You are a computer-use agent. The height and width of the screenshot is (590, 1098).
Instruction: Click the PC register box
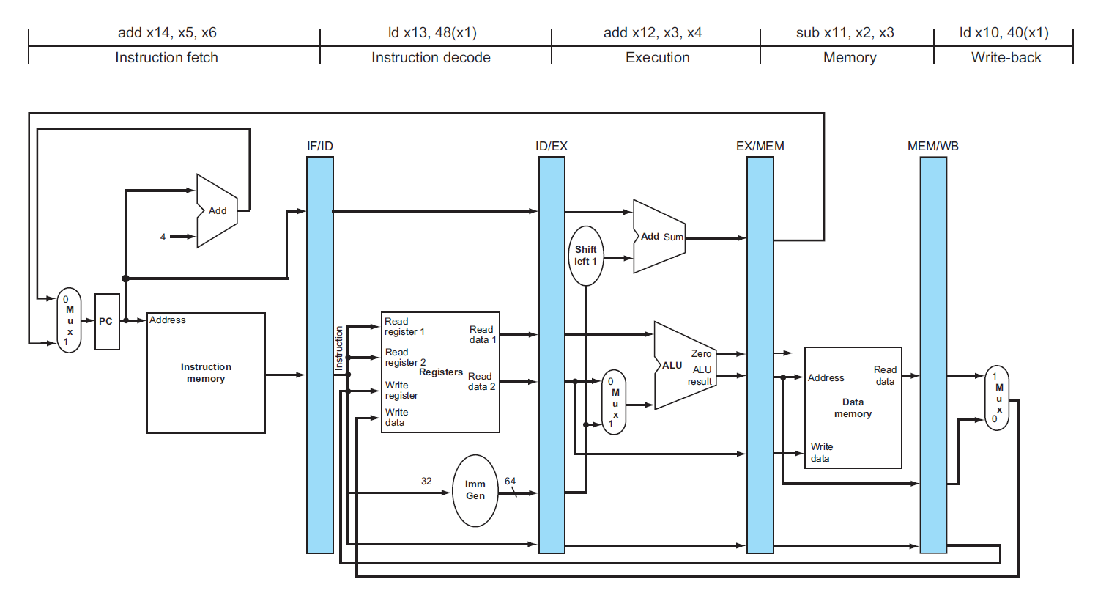107,322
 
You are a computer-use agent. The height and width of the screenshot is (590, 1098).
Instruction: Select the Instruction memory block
206,372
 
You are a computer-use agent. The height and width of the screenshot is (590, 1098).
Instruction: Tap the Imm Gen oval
475,490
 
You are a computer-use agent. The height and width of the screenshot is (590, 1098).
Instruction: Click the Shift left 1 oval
586,255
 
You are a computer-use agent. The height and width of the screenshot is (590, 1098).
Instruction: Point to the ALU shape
681,365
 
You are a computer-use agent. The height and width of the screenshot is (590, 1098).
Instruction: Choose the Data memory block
853,408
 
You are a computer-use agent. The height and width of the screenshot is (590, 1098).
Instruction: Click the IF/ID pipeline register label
320,146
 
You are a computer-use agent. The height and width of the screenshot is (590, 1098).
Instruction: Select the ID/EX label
552,146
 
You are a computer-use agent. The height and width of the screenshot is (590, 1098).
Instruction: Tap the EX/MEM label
760,146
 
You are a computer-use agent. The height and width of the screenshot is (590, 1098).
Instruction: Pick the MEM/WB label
933,146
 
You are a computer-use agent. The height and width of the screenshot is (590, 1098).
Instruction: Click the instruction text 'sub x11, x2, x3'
845,33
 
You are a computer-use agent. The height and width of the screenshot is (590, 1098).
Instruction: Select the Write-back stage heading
1006,57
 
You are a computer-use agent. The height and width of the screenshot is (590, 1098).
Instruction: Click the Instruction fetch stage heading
166,57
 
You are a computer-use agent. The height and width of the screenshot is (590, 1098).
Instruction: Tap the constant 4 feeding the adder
163,237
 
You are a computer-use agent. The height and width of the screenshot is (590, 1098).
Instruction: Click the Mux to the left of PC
69,321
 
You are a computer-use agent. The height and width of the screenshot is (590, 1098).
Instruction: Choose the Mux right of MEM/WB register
998,398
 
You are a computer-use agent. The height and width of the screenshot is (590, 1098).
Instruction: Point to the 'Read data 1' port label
482,334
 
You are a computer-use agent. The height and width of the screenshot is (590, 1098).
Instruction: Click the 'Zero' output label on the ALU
701,353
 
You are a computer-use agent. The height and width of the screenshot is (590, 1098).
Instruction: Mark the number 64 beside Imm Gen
510,481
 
